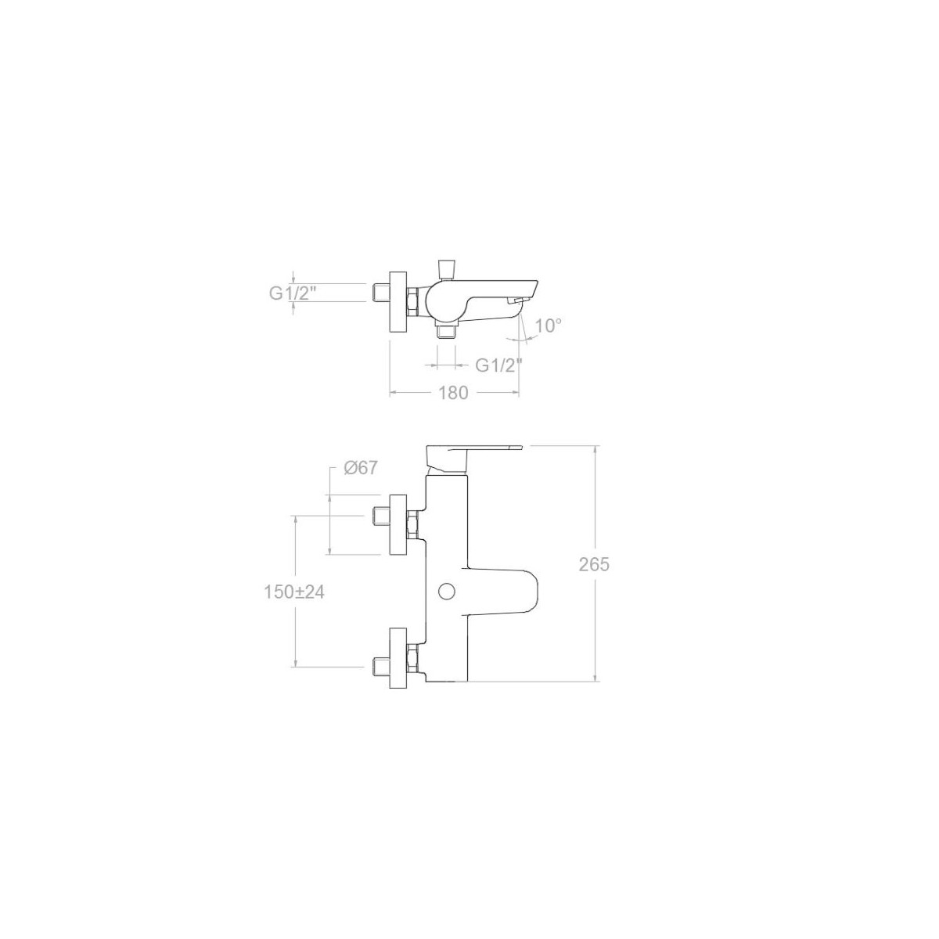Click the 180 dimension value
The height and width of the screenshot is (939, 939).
pyautogui.click(x=453, y=392)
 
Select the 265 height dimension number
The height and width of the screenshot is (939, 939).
pyautogui.click(x=594, y=564)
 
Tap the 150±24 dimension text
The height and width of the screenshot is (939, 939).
pyautogui.click(x=294, y=592)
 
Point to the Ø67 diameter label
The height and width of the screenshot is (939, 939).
pyautogui.click(x=361, y=468)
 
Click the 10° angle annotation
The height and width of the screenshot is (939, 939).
pyautogui.click(x=549, y=326)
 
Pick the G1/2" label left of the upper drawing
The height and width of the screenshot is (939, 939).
pyautogui.click(x=293, y=293)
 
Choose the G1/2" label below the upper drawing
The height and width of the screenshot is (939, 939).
pyautogui.click(x=498, y=365)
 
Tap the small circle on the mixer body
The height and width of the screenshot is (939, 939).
pyautogui.click(x=446, y=592)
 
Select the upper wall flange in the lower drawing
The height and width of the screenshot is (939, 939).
pyautogui.click(x=398, y=524)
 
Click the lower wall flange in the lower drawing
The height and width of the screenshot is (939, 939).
pyautogui.click(x=398, y=658)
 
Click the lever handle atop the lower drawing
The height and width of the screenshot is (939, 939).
pyautogui.click(x=473, y=458)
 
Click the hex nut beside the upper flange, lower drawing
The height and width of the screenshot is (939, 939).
pyautogui.click(x=412, y=524)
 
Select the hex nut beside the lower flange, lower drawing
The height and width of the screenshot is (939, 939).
pyautogui.click(x=412, y=658)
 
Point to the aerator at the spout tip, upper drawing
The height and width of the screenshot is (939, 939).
pyautogui.click(x=515, y=301)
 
